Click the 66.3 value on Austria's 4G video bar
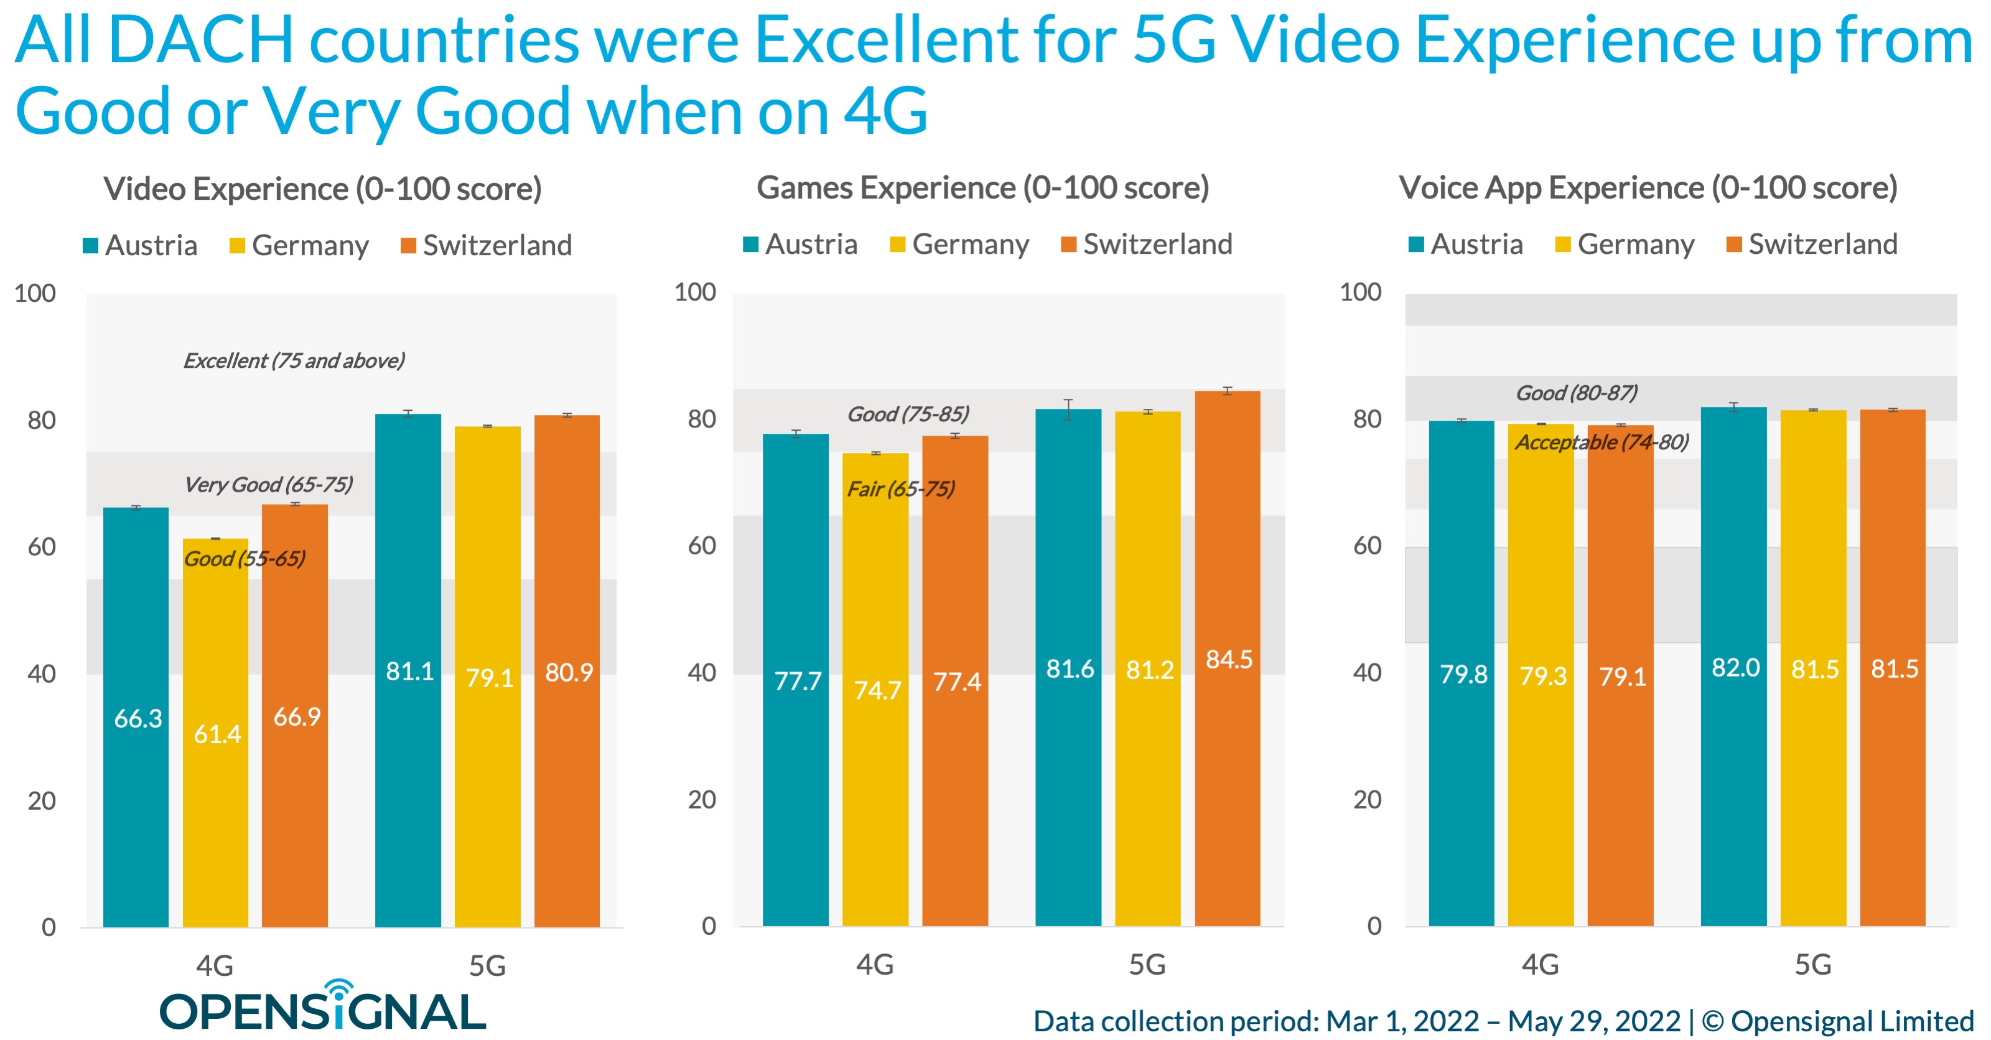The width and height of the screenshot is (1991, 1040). pos(138,718)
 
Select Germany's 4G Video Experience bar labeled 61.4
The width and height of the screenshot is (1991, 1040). pos(216,734)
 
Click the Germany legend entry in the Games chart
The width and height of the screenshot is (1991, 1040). pos(959,245)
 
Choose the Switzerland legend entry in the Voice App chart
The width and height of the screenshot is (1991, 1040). pos(1812,245)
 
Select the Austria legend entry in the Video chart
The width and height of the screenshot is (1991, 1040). pos(141,245)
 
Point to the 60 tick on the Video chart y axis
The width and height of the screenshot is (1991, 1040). pos(42,546)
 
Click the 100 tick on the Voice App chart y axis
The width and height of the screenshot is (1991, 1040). pos(1360,293)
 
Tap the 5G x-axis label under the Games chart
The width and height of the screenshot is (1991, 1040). pos(1147,964)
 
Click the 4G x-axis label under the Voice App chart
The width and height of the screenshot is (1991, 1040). pos(1540,964)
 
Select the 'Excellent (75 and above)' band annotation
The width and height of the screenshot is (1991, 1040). pos(294,360)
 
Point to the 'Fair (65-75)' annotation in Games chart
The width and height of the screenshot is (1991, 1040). pos(900,489)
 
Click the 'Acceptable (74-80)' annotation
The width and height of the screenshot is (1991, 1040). pos(1602,443)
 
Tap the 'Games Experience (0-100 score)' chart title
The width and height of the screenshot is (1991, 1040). pos(982,188)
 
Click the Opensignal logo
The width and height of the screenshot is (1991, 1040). pos(323,1007)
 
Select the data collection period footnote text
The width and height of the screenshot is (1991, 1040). pos(1503,1021)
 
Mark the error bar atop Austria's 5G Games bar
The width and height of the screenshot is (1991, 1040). pos(1068,409)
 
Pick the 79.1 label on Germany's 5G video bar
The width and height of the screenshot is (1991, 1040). pos(488,678)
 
